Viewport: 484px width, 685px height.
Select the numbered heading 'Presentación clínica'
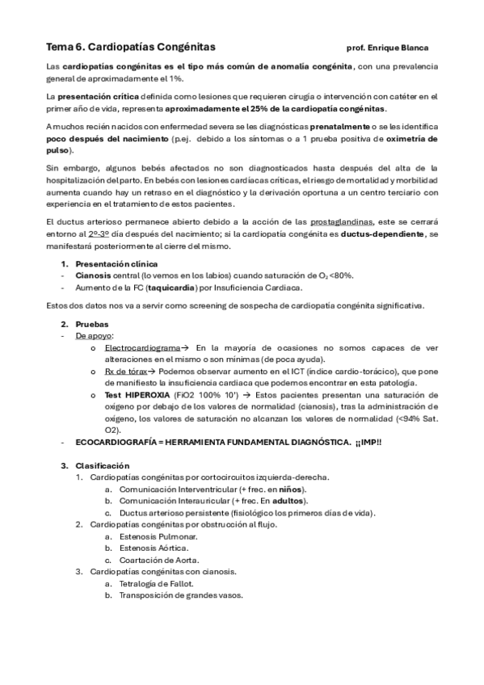(x=116, y=264)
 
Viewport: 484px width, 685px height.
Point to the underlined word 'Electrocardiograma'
(x=141, y=347)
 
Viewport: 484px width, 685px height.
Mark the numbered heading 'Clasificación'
(x=102, y=465)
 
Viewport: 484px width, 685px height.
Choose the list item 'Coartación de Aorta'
(x=158, y=559)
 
